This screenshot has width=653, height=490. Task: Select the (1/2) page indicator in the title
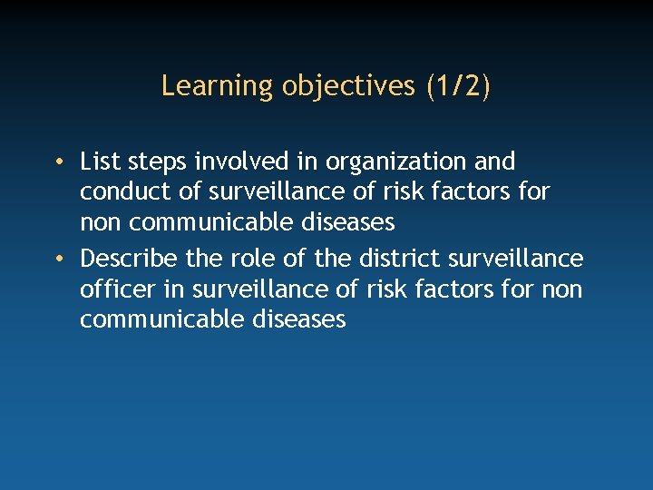click(x=458, y=86)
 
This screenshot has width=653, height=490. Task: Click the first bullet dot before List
click(x=57, y=162)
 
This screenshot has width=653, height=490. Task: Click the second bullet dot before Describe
click(x=57, y=260)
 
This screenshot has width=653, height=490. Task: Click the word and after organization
click(x=495, y=162)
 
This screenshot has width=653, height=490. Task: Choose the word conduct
click(x=122, y=192)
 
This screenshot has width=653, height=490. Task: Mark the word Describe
click(x=129, y=259)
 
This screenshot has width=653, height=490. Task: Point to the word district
click(x=393, y=259)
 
